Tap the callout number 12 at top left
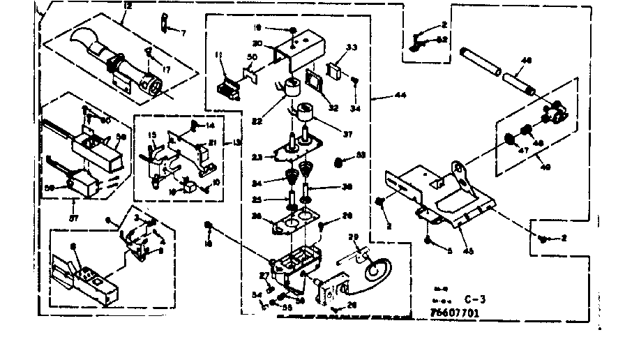127,6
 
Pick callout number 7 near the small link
184,33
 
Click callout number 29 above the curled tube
354,239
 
